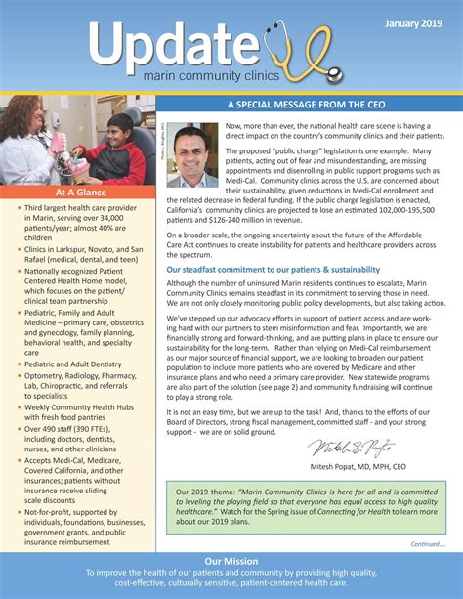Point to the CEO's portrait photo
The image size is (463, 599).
192,155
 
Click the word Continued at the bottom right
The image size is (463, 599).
427,543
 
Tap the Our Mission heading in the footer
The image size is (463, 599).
231,562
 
